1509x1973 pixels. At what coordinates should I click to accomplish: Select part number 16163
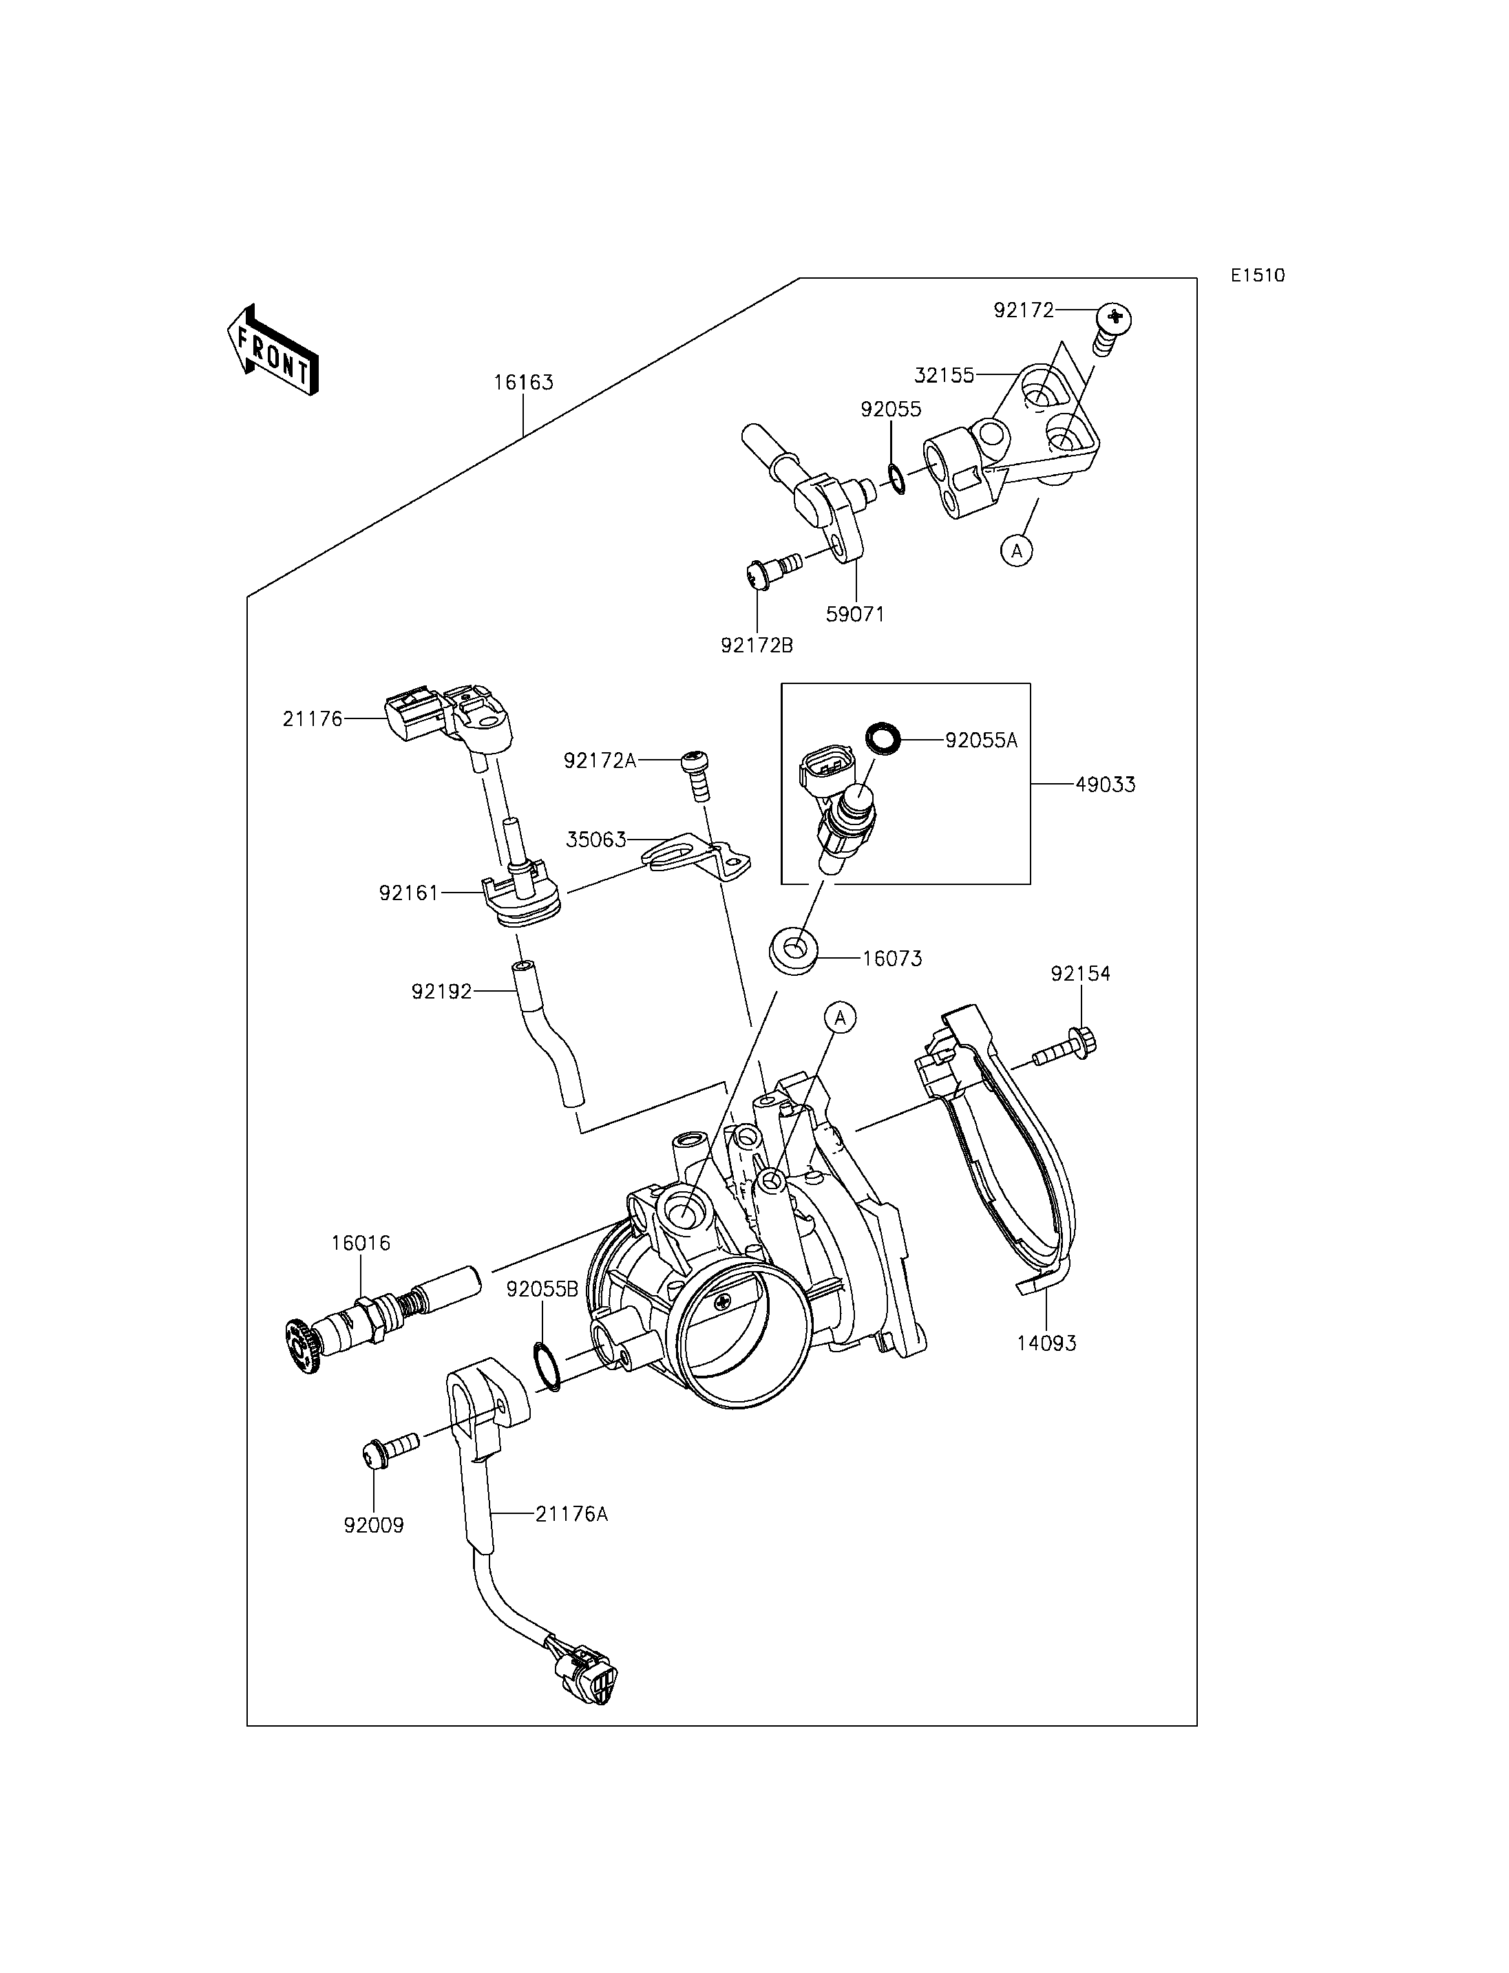(524, 383)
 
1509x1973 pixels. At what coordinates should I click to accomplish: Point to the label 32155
(944, 375)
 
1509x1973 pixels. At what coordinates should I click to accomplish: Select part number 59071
(855, 615)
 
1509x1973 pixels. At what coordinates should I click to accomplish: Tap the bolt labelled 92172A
(696, 776)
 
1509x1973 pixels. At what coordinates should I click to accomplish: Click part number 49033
(1106, 785)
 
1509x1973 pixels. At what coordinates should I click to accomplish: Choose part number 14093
(1046, 1369)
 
